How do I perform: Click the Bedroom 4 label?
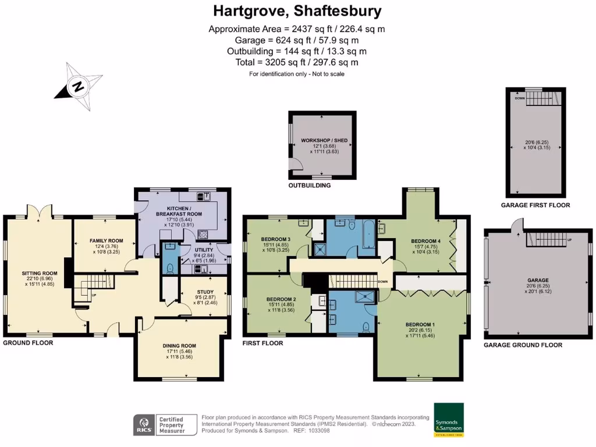[425, 240]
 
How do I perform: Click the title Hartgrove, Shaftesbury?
[297, 11]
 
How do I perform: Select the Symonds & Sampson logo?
[449, 420]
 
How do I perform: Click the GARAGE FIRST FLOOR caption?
[535, 205]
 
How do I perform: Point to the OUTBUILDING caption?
[310, 186]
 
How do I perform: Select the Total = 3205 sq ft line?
[297, 62]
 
